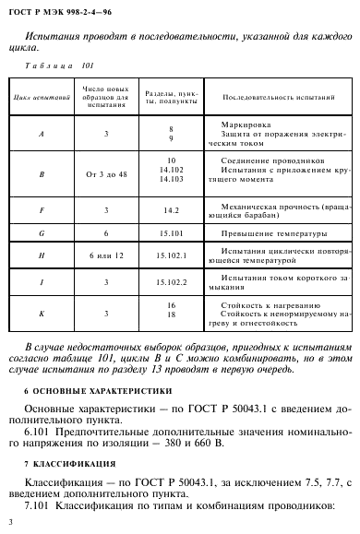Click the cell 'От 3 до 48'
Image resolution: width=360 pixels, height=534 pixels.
coord(108,172)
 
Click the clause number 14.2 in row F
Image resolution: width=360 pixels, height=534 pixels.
coord(172,211)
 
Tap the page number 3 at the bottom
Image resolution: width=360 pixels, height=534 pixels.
coord(9,524)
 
